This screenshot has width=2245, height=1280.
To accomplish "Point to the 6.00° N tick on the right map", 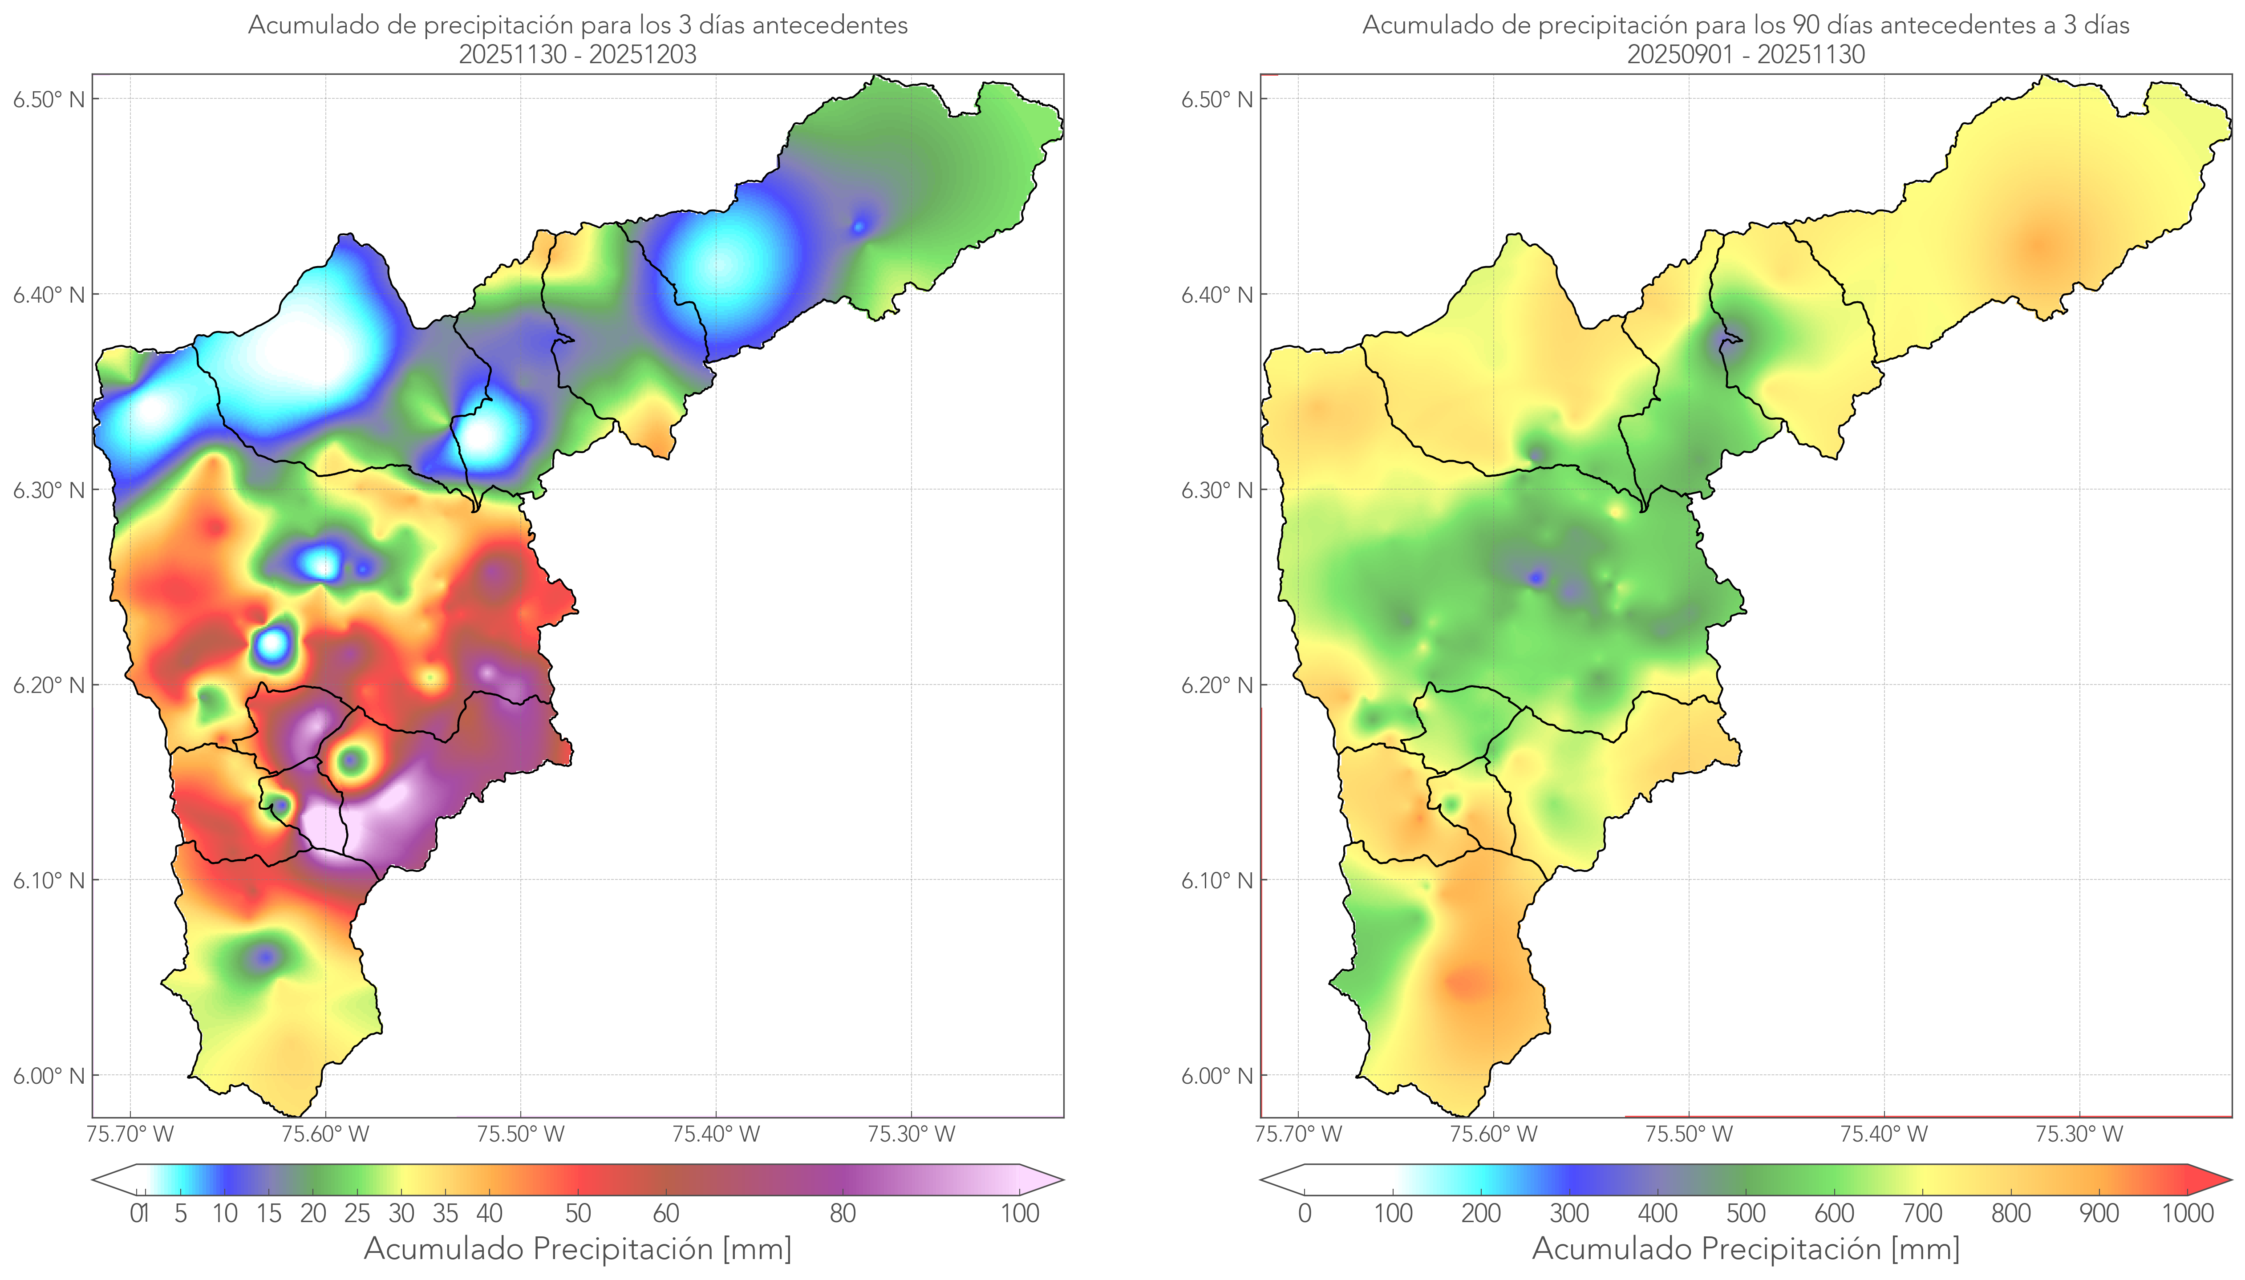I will tap(1260, 1075).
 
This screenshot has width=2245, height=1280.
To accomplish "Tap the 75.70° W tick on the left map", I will tap(130, 1118).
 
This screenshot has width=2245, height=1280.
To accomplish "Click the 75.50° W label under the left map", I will tap(520, 1134).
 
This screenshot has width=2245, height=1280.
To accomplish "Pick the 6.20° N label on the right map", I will tap(1216, 685).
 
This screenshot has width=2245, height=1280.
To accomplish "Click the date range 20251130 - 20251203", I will tap(578, 54).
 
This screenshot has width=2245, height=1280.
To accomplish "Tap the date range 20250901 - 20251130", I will tap(1746, 54).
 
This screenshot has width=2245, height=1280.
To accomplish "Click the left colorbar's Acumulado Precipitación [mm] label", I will tap(578, 1248).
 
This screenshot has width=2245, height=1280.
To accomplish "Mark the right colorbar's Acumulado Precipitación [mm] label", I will tap(1746, 1248).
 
